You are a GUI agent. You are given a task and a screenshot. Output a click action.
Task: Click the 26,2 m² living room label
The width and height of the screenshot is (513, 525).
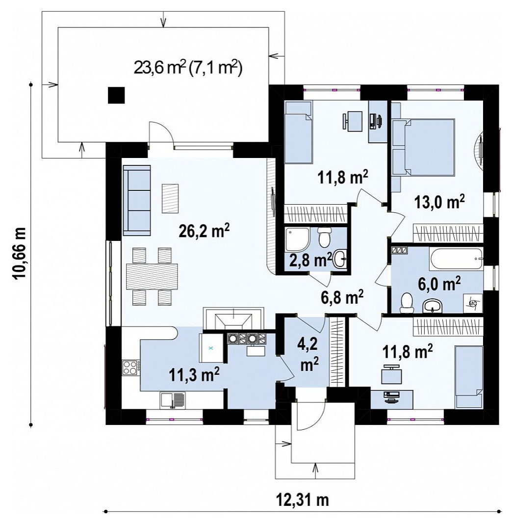[204, 231]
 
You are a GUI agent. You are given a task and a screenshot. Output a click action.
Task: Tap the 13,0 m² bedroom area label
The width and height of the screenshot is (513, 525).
[439, 202]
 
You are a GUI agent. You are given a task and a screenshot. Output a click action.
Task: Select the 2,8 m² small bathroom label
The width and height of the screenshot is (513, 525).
[311, 260]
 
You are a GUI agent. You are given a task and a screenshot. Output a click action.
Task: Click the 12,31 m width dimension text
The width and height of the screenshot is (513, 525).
[303, 500]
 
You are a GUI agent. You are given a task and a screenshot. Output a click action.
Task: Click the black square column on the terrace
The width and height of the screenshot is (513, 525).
[116, 95]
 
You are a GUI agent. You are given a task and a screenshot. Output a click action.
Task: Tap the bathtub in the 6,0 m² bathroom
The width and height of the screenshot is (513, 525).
[456, 259]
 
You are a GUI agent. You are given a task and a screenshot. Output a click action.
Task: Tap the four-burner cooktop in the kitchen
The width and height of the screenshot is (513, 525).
[130, 367]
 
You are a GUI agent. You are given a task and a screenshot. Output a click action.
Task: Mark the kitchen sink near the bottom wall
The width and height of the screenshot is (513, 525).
[173, 400]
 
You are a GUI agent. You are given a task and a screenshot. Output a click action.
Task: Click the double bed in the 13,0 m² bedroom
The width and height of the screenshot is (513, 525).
[424, 147]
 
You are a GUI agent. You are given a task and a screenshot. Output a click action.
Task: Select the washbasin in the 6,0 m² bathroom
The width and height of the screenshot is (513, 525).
[433, 305]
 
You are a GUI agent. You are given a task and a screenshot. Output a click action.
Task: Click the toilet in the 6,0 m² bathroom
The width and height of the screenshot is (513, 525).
[407, 303]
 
